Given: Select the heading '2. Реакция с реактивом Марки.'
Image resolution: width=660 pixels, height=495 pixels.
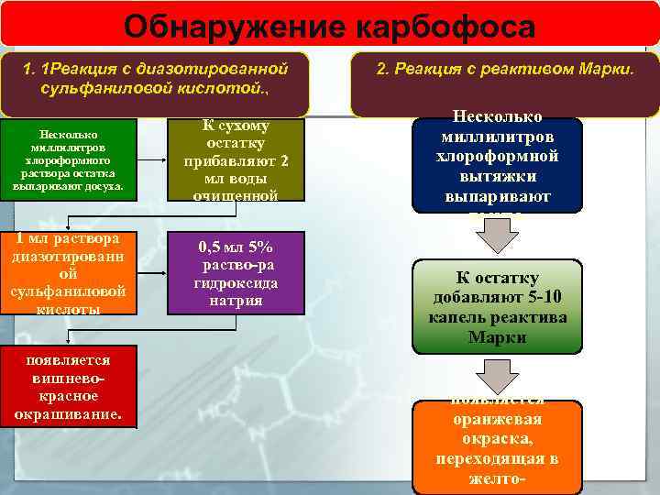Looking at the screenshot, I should (x=506, y=69).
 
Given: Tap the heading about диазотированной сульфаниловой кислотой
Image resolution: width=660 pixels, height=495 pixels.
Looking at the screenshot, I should (x=155, y=79).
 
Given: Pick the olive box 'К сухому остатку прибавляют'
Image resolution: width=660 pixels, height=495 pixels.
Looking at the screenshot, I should (x=235, y=159).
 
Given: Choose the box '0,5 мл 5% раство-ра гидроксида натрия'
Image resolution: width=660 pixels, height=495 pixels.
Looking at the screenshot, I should (x=235, y=273).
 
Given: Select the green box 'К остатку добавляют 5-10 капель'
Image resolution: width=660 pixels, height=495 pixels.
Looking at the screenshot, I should (x=497, y=307).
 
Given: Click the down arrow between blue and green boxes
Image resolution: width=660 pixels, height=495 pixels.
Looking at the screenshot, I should (x=497, y=236).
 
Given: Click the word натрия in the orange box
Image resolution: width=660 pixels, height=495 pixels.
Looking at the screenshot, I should (x=235, y=300).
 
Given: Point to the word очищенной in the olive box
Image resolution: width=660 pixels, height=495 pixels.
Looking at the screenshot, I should (x=235, y=194).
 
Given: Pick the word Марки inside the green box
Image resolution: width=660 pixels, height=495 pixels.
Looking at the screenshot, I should (x=497, y=336).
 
